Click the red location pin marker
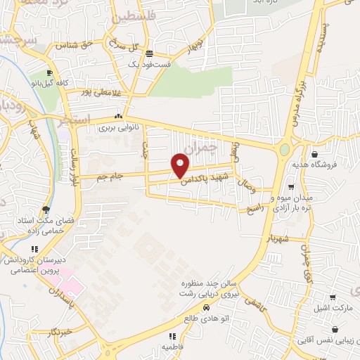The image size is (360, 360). [181, 165]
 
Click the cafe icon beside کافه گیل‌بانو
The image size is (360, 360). [49, 73]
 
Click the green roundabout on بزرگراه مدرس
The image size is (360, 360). [284, 150]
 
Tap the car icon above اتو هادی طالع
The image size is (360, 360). [206, 308]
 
